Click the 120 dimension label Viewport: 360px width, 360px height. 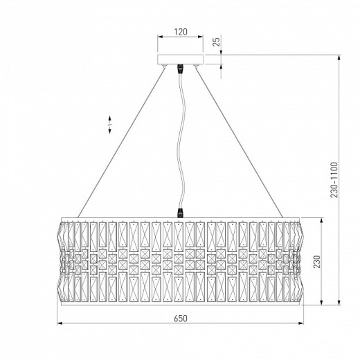[x=181, y=32]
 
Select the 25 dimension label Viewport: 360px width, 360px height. [x=217, y=42]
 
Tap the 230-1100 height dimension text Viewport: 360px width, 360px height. [x=334, y=180]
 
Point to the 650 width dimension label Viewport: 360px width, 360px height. [x=181, y=318]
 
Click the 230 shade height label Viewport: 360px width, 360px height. [x=317, y=262]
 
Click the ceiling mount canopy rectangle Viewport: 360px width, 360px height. [x=180, y=60]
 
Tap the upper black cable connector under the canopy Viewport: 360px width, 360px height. [x=180, y=69]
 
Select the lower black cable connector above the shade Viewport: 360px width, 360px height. [x=180, y=213]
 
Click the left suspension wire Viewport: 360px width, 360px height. [x=121, y=143]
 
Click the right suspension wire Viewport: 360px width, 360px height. [x=240, y=143]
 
